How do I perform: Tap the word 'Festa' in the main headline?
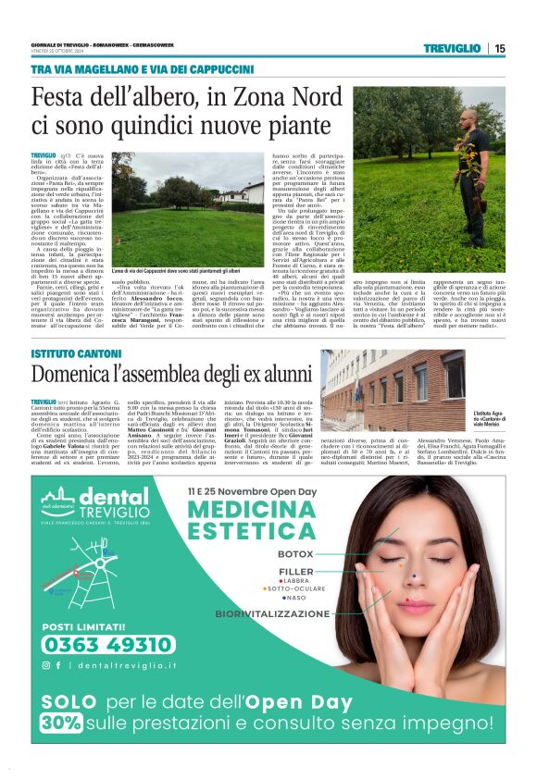(x=64, y=97)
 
